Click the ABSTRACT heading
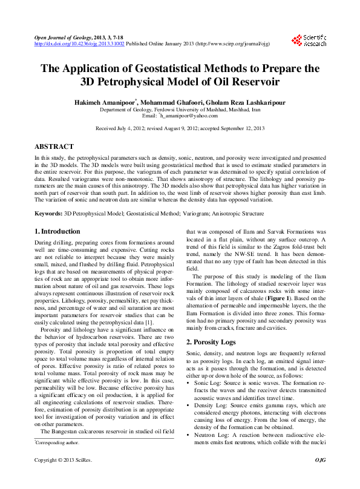pos(54,147)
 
